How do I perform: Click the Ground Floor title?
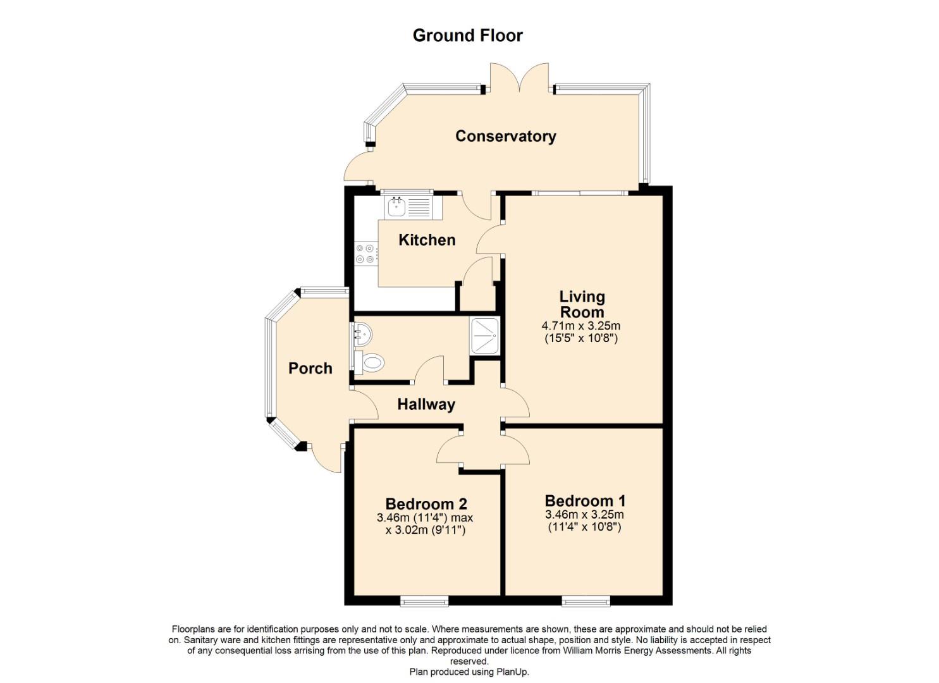(x=467, y=35)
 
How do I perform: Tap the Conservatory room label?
(x=506, y=136)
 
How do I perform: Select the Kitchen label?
(x=427, y=240)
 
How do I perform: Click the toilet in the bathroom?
(x=369, y=362)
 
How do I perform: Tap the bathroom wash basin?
(x=362, y=335)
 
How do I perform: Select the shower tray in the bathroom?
(x=484, y=336)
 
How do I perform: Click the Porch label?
(x=310, y=368)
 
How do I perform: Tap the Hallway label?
(x=426, y=404)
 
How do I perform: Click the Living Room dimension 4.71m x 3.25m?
(x=581, y=325)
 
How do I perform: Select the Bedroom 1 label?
(x=585, y=501)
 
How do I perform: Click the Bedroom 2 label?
(x=426, y=503)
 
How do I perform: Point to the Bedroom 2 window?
(x=424, y=602)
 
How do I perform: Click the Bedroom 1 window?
(x=586, y=602)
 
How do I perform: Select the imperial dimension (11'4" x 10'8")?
(x=585, y=527)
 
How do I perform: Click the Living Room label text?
(x=582, y=304)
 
